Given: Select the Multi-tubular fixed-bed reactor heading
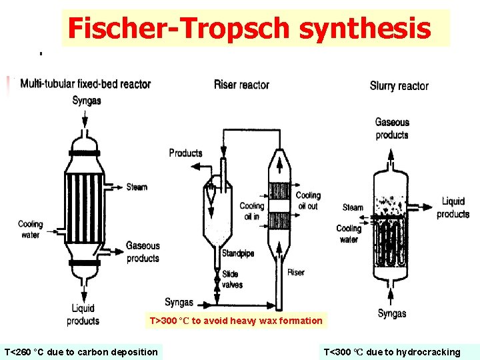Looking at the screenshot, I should (85, 84).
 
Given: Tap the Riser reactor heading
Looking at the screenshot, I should (241, 85).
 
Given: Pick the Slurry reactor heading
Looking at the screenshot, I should (399, 86).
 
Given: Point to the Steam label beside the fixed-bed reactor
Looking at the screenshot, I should (137, 187).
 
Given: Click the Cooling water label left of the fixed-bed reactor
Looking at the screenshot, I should (30, 229).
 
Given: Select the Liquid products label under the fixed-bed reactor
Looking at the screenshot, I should (83, 315).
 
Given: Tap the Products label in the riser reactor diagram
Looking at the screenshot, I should (185, 153).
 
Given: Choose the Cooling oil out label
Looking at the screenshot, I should (308, 201).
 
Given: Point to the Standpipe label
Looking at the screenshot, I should (238, 253).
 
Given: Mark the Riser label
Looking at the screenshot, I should (296, 273).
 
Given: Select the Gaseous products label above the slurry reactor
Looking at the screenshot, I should (392, 129).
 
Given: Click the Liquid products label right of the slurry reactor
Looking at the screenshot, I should (453, 207).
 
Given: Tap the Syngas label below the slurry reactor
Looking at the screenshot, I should (392, 313).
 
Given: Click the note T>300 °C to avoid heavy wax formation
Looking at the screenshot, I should (236, 321).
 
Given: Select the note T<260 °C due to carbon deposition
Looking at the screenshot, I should (81, 352).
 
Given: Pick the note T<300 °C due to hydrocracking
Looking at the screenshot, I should (392, 352).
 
